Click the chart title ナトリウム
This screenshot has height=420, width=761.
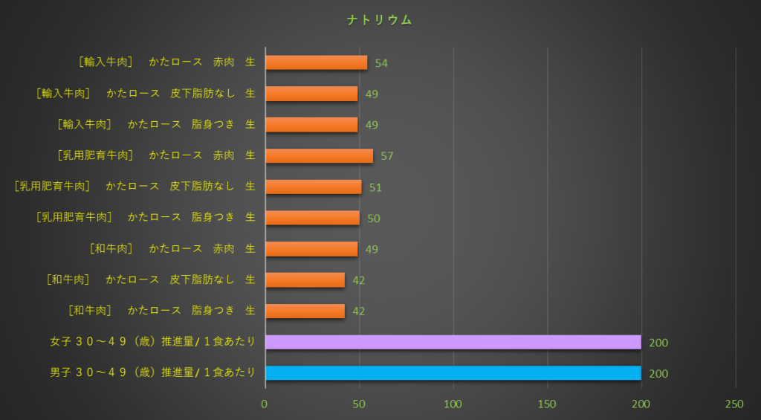point(379,21)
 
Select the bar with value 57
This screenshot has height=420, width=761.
point(319,155)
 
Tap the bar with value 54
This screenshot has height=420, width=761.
point(316,62)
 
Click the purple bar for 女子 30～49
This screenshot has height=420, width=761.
point(453,342)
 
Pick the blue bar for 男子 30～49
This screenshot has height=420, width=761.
point(453,373)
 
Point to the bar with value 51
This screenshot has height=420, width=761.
point(313,187)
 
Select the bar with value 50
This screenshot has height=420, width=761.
point(312,218)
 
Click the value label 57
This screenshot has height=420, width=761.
point(386,156)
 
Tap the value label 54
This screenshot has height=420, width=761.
point(381,63)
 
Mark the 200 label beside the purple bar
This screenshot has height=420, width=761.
point(658,343)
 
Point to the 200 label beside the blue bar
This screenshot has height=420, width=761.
point(658,374)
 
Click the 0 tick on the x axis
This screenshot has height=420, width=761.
point(265,404)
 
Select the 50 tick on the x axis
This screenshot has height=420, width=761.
point(359,404)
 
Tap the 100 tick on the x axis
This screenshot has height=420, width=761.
point(453,404)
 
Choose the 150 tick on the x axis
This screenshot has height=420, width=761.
point(547,404)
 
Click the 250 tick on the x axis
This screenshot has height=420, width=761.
point(734,404)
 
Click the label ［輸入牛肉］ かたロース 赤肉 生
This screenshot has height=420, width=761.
point(166,62)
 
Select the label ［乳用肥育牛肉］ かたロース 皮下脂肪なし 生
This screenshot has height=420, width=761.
point(135,187)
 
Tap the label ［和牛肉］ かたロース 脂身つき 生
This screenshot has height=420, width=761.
point(161,311)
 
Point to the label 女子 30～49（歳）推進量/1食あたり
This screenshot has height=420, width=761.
point(152,342)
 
